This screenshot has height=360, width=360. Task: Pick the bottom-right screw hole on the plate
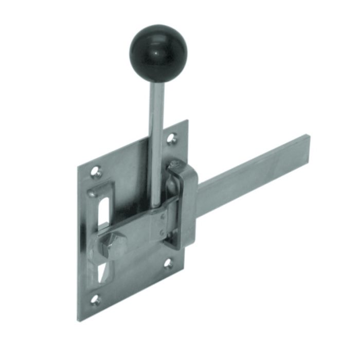tap(168, 263)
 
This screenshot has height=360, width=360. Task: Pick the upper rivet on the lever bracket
tap(163, 217)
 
